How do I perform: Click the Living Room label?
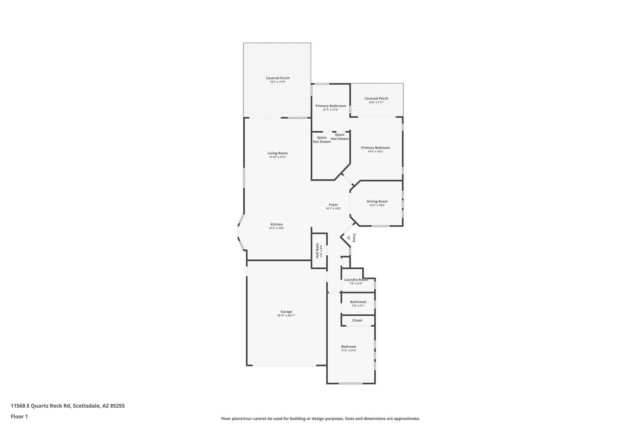point(277,153)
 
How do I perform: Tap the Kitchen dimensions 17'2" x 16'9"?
point(276,228)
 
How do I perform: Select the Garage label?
point(286,312)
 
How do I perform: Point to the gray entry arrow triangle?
point(348,238)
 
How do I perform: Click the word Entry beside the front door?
point(354,238)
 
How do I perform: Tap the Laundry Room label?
point(356,280)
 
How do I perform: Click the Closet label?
point(357,320)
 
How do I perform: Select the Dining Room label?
point(377,201)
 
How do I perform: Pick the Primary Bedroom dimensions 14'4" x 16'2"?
point(375,152)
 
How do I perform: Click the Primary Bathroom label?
point(331,106)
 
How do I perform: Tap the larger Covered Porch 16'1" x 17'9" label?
point(278,78)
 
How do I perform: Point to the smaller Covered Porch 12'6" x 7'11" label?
point(376,99)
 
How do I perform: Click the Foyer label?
point(333,205)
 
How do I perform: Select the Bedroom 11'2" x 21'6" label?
point(349,347)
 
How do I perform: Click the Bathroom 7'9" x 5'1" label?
point(358,302)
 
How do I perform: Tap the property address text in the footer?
point(68,406)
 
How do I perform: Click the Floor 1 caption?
point(19,417)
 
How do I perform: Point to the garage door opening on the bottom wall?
point(284,365)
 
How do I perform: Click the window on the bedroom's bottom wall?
point(351,384)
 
